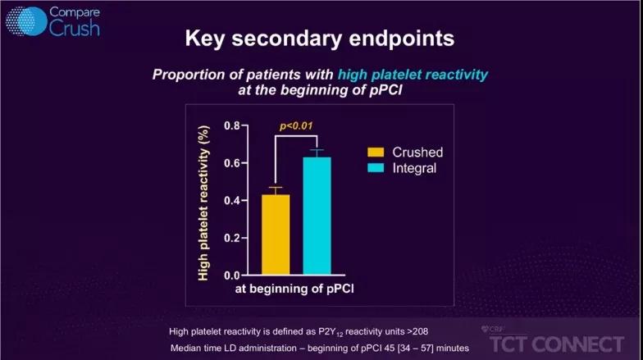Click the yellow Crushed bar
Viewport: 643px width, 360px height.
276,235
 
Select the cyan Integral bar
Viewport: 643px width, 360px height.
317,216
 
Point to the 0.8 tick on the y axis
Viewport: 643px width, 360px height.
232,125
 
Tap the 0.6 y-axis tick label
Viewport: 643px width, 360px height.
232,163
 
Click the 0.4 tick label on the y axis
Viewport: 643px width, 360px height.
232,200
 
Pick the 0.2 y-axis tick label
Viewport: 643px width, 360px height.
232,238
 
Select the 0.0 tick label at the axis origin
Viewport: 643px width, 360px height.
232,276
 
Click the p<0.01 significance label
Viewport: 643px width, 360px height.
296,126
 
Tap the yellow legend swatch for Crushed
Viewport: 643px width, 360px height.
376,153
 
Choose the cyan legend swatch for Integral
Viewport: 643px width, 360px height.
376,167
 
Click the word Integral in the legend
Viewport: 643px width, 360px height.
414,168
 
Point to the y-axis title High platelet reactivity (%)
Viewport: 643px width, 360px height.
203,203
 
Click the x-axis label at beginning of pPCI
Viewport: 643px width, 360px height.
294,289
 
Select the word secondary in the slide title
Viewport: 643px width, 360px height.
286,39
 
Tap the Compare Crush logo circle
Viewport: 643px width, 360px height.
26,21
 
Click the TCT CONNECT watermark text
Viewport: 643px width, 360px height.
557,344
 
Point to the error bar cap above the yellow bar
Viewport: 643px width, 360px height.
276,187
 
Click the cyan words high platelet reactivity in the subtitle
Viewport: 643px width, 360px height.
413,75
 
